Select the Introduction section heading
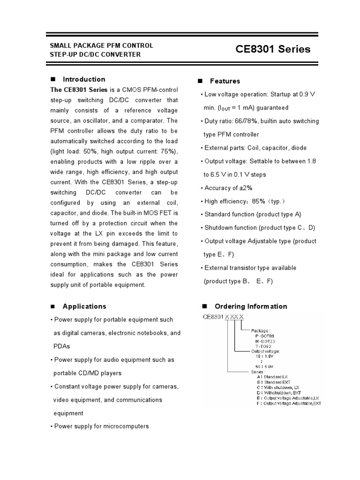84,79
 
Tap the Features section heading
225,81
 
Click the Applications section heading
84,306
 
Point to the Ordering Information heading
251,306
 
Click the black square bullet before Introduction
53,79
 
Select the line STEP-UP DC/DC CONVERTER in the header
95,54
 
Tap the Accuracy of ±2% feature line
228,188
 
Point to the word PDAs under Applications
61,346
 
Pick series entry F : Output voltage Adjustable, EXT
289,403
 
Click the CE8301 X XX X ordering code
223,317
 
